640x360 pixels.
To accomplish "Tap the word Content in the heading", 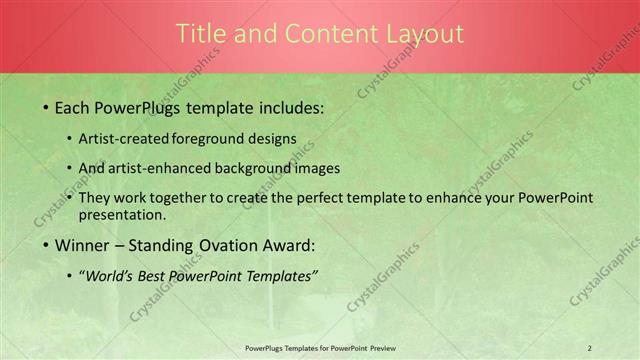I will (323, 34).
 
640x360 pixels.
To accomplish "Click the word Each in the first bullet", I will (72, 107).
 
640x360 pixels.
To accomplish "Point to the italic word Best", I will (155, 276).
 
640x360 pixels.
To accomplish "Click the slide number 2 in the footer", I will (590, 348).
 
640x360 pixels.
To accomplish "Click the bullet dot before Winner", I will (45, 245).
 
